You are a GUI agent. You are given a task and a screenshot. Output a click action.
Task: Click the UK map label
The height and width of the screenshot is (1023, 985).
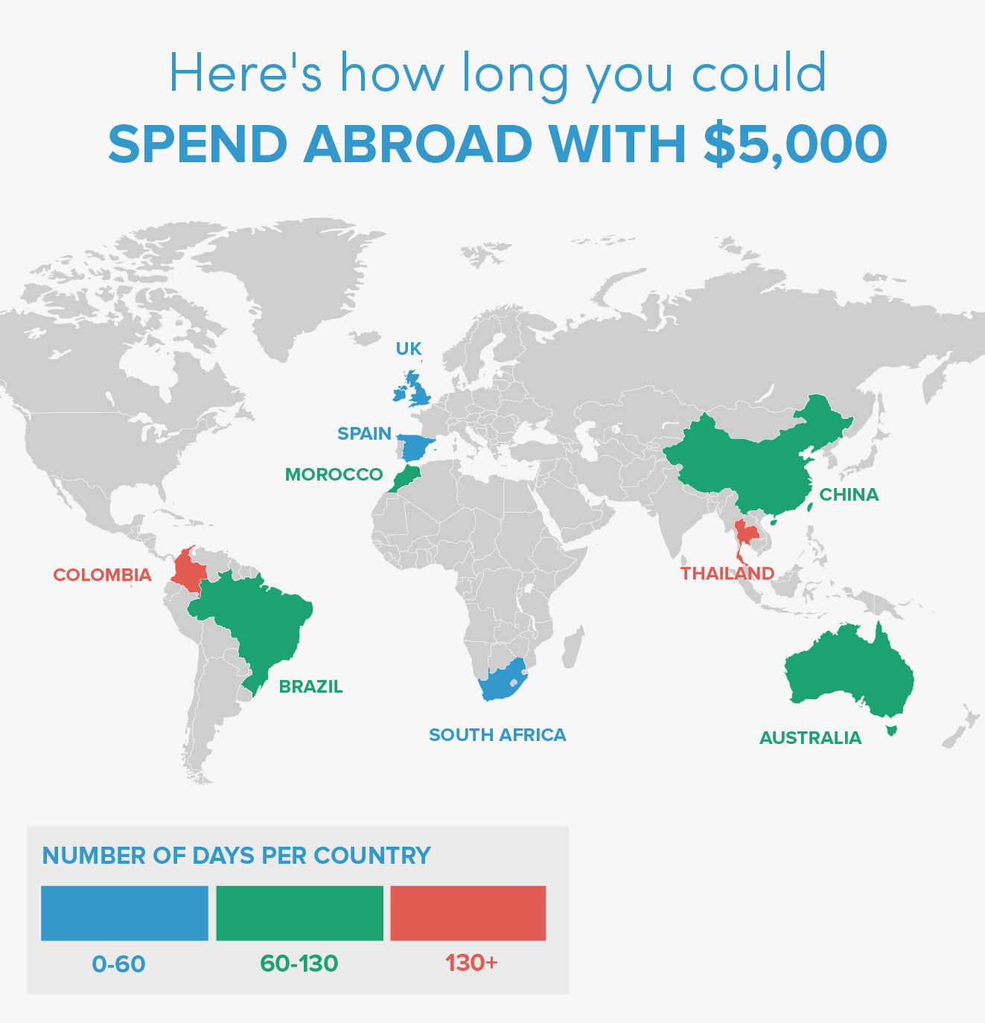click(x=409, y=349)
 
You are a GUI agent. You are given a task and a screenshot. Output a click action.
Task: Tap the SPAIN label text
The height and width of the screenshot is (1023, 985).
click(x=364, y=434)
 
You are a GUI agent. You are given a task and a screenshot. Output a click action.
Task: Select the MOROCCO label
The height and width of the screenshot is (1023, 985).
click(x=334, y=475)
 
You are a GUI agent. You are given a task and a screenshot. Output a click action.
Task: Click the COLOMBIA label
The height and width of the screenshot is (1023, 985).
click(x=102, y=575)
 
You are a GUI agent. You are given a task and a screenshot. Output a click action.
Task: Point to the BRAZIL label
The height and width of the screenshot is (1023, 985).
click(x=310, y=687)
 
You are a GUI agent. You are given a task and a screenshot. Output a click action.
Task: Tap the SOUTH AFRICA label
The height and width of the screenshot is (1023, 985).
click(x=497, y=735)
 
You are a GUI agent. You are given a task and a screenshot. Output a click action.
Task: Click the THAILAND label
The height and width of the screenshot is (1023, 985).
click(x=727, y=574)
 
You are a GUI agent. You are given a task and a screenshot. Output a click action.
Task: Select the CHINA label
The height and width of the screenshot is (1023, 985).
click(x=849, y=495)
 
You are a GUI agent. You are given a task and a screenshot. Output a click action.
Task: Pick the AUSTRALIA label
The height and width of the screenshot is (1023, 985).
click(x=810, y=738)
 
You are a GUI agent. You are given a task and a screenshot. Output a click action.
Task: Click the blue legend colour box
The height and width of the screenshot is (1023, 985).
click(x=124, y=913)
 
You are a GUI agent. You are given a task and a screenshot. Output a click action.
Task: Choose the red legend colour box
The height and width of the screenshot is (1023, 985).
click(x=468, y=913)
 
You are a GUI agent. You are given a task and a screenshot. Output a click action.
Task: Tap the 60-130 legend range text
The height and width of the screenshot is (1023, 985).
click(x=299, y=963)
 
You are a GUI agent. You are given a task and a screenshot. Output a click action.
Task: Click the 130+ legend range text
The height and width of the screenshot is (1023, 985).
click(x=471, y=963)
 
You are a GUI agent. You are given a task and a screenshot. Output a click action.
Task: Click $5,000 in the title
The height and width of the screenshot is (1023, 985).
click(x=795, y=144)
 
